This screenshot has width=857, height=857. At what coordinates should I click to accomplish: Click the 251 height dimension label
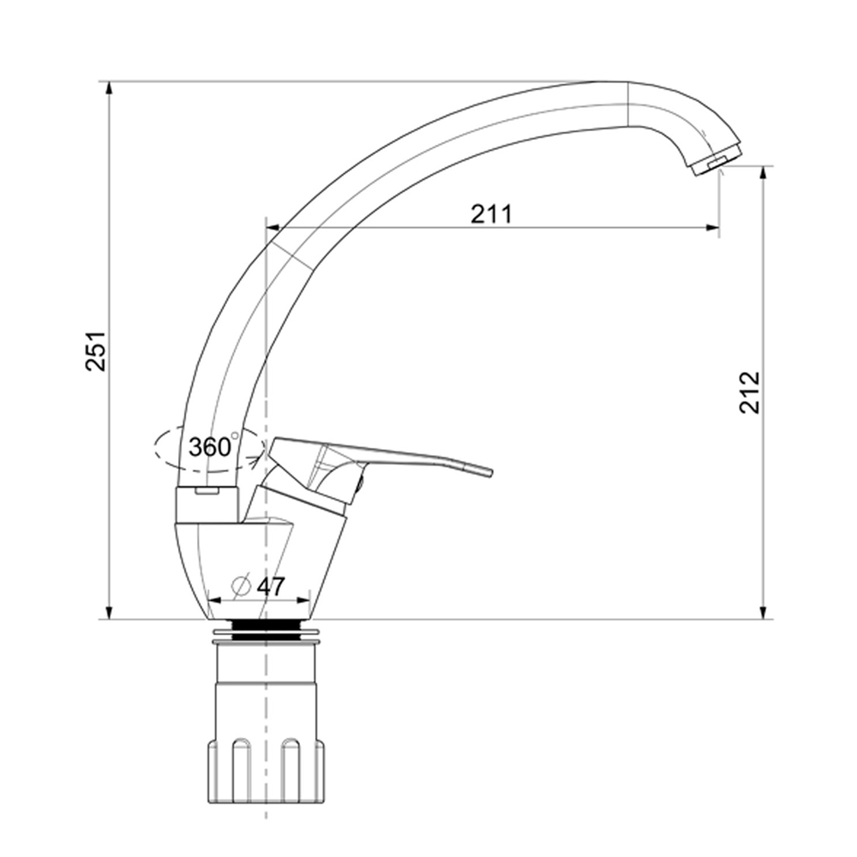click(x=96, y=351)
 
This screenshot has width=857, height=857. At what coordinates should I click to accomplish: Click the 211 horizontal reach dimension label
click(x=492, y=213)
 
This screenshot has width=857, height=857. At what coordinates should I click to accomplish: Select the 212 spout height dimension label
click(x=750, y=393)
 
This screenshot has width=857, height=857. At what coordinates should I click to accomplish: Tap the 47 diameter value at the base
click(x=271, y=586)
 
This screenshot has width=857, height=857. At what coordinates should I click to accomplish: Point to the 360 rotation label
click(x=210, y=447)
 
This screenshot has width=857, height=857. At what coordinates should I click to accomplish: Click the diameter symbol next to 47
click(x=241, y=586)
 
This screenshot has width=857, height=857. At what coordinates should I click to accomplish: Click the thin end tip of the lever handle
click(x=489, y=472)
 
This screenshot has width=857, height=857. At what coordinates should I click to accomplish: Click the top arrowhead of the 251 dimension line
click(x=110, y=88)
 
